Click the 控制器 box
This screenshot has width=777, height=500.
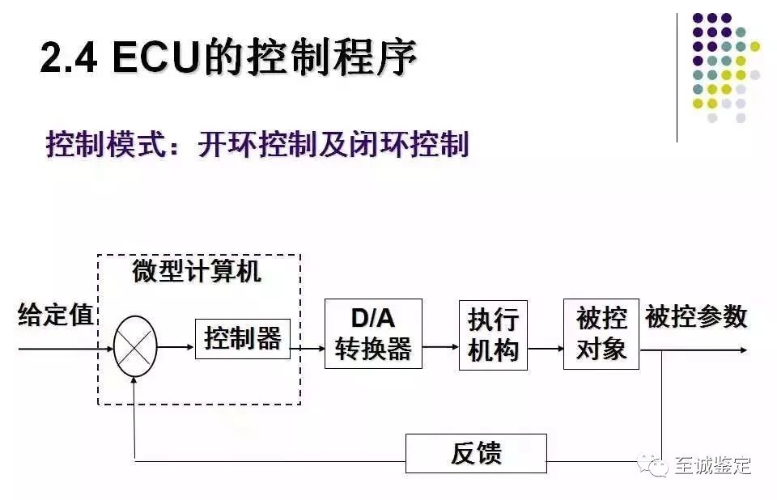click(x=243, y=339)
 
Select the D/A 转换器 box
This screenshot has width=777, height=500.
click(x=373, y=333)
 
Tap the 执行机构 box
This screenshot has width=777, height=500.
click(x=493, y=335)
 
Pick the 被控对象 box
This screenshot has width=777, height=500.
click(x=601, y=333)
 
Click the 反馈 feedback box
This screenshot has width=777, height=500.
click(x=476, y=453)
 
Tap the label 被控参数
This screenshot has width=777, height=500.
click(x=696, y=317)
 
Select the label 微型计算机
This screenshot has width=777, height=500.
click(x=197, y=272)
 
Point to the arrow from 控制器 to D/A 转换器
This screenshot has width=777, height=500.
click(x=308, y=349)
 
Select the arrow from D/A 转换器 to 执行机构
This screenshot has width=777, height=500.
click(x=440, y=348)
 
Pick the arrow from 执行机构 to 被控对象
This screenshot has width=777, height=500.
click(x=545, y=348)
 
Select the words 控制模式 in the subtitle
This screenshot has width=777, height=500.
click(x=97, y=146)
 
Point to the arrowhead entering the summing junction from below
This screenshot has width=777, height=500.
click(x=134, y=382)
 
